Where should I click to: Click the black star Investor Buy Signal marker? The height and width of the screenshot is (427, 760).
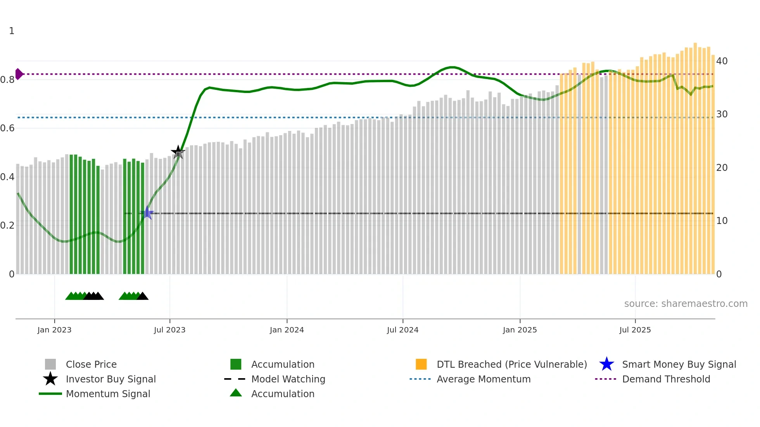(178, 152)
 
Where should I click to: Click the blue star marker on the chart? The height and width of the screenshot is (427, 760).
(147, 213)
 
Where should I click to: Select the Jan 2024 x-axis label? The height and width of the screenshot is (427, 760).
(287, 330)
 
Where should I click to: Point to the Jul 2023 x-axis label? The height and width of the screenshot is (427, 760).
(169, 330)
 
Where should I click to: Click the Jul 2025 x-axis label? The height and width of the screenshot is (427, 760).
(635, 330)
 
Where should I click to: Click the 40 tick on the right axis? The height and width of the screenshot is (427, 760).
(722, 61)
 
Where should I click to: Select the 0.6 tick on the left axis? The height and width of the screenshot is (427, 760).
(8, 128)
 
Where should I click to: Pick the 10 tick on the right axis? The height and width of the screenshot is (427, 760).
(722, 221)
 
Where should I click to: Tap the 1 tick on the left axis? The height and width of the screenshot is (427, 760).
(12, 31)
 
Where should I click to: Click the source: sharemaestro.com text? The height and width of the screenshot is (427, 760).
(686, 304)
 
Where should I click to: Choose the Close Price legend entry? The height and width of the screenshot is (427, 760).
(91, 365)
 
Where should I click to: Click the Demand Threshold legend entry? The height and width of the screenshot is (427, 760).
(666, 379)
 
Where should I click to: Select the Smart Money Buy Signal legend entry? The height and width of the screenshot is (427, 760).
(679, 365)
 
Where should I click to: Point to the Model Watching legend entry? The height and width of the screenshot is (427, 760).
(288, 379)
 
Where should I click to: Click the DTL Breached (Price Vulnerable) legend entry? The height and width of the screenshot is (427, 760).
(511, 365)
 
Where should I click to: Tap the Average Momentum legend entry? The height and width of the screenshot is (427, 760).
(483, 379)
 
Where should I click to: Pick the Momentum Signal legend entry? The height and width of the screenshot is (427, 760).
(108, 394)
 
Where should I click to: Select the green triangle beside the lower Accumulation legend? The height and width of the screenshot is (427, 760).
(236, 393)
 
